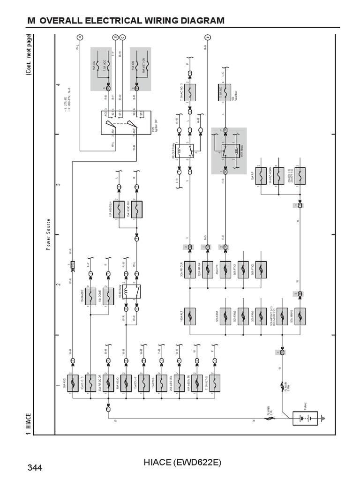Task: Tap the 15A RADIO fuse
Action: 90,296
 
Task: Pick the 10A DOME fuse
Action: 108,296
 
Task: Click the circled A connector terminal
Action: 79,37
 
